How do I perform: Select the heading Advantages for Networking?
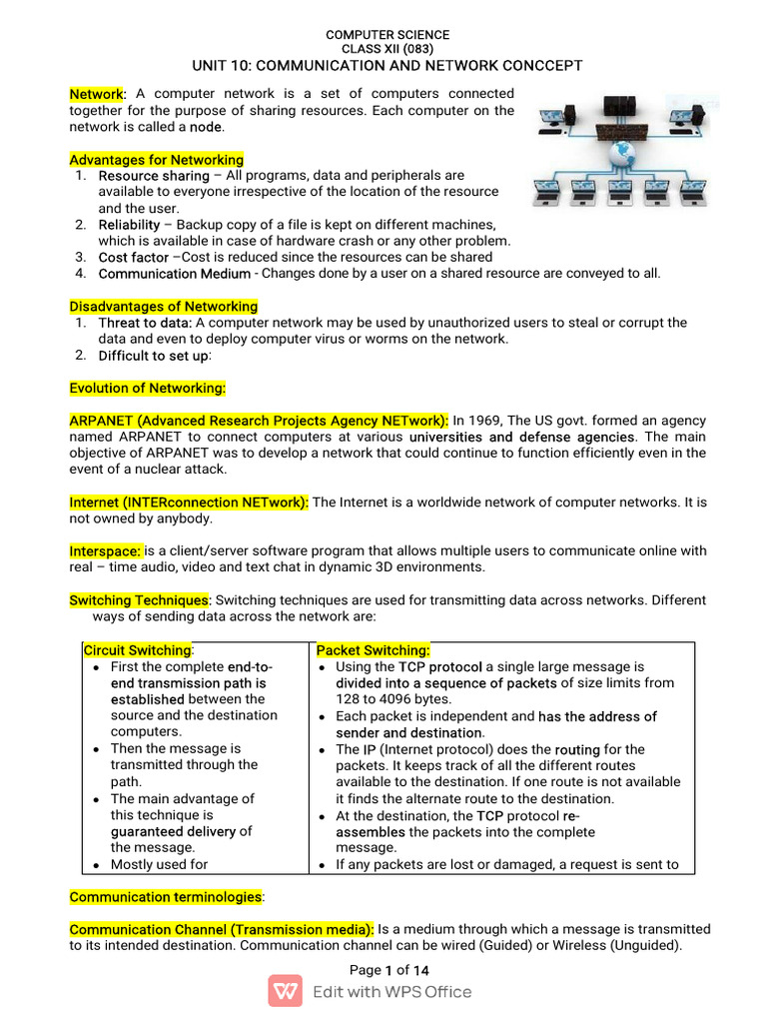(x=156, y=160)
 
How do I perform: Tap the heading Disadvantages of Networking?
(x=163, y=307)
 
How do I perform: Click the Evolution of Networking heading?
(x=147, y=388)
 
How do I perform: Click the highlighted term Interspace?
(x=106, y=550)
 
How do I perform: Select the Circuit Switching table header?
(x=137, y=650)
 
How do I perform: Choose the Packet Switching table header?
(x=373, y=650)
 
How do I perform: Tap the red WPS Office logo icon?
(x=285, y=991)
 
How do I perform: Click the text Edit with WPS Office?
(x=391, y=992)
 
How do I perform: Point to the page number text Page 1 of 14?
(x=389, y=970)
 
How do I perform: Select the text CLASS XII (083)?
(x=387, y=49)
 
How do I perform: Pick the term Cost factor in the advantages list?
(x=133, y=257)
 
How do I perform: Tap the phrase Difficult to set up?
(x=153, y=356)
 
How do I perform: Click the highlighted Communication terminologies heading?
(x=165, y=897)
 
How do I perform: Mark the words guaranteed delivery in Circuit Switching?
(x=174, y=831)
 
